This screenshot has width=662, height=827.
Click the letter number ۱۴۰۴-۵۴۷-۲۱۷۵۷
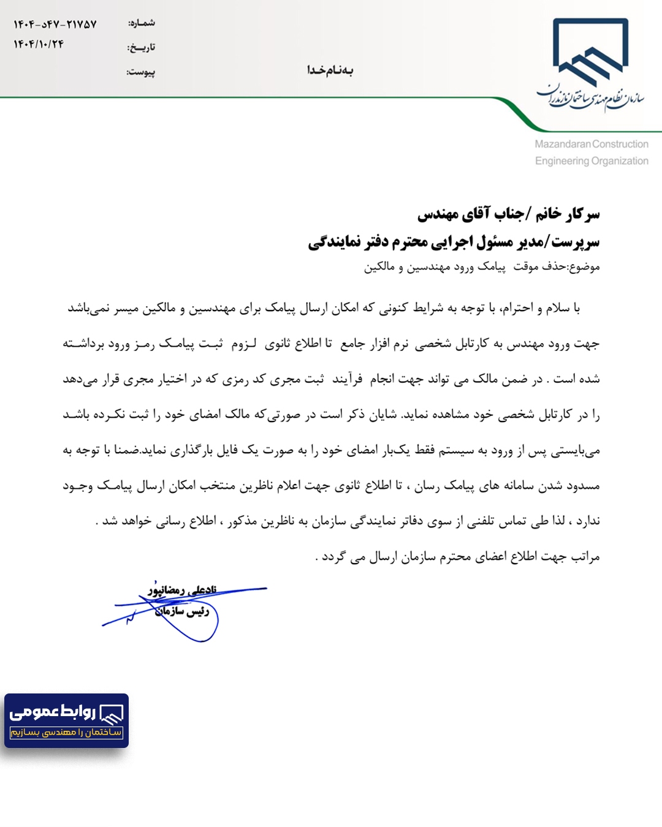click(55, 25)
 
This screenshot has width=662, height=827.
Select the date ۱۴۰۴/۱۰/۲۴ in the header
click(39, 44)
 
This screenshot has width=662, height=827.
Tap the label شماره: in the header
click(142, 23)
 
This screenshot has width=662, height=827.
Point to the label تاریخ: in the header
click(141, 47)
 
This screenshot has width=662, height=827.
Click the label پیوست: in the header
click(141, 72)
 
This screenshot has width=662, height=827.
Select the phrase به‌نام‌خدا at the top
click(330, 70)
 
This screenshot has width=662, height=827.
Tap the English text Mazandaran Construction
click(591, 144)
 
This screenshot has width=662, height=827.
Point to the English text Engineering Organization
click(591, 160)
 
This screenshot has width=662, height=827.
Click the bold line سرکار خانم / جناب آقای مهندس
click(508, 214)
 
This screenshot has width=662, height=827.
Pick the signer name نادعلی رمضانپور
click(182, 590)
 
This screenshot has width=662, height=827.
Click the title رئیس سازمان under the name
click(182, 611)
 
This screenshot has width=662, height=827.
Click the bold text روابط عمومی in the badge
click(53, 712)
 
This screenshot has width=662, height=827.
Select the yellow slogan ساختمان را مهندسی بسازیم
click(66, 732)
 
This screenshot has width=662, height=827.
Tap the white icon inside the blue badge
click(112, 713)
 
